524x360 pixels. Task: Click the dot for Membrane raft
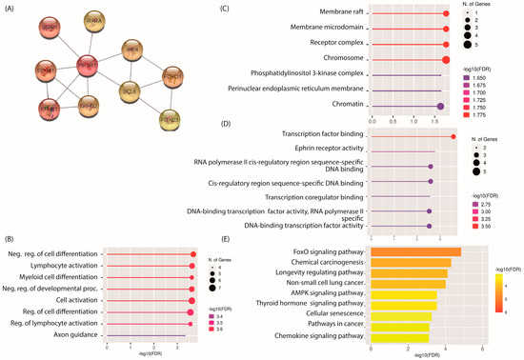(446, 13)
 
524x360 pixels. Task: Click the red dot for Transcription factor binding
(453, 137)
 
